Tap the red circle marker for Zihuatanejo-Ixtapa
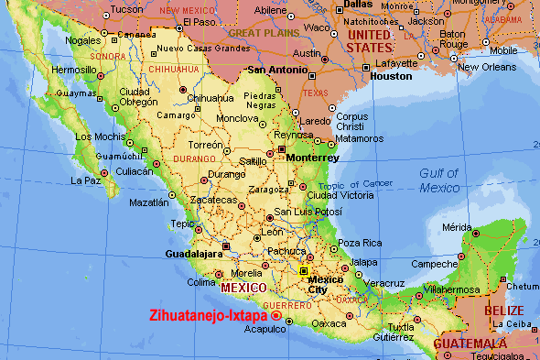tap(276, 316)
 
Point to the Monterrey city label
tap(312, 157)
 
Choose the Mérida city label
tap(457, 226)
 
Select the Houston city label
tap(391, 76)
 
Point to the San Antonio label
tap(274, 70)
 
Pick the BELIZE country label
tap(503, 311)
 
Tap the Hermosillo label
tap(73, 69)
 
